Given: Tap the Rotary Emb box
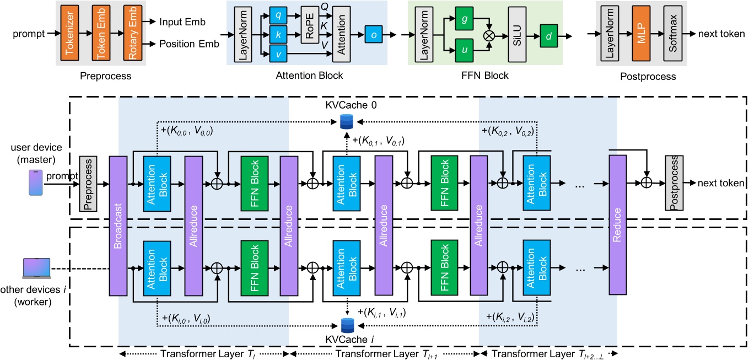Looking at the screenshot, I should [x=130, y=33].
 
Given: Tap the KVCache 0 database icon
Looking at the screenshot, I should [x=346, y=121].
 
